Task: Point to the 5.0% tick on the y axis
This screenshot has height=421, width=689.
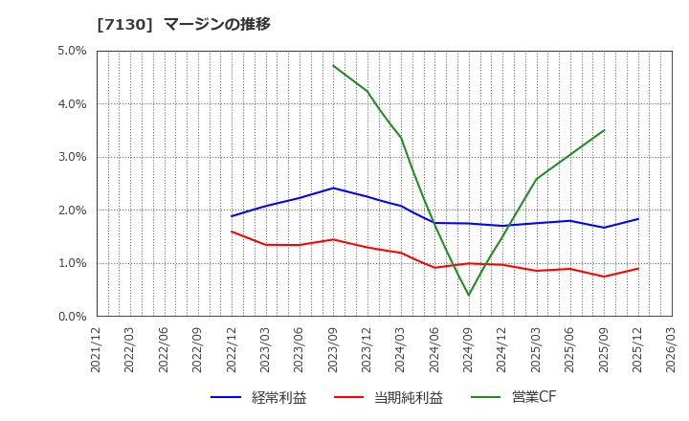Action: [73, 51]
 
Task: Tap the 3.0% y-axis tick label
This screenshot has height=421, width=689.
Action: [73, 157]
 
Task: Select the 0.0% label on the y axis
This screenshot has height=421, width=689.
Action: [73, 316]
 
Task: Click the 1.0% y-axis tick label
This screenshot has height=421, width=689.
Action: [73, 263]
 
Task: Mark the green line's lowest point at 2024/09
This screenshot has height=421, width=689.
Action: [469, 295]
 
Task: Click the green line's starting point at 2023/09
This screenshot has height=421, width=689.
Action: [333, 65]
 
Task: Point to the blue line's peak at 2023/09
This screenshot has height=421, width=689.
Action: [333, 188]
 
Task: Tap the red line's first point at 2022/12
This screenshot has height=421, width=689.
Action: [232, 232]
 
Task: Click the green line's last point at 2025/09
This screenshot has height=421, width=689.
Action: [604, 130]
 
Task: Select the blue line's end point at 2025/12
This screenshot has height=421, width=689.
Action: [638, 219]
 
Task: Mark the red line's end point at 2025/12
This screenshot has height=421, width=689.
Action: [638, 268]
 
